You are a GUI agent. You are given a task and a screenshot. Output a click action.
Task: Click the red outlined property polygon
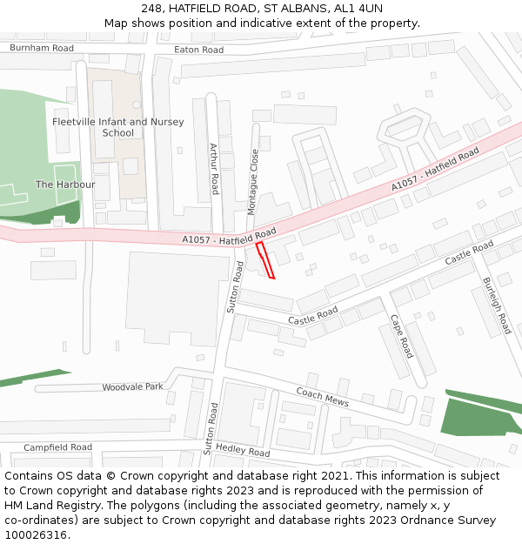pos(265,260)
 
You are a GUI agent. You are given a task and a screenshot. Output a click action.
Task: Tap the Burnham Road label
pos(42,49)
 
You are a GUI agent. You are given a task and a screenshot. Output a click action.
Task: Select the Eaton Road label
pos(198,50)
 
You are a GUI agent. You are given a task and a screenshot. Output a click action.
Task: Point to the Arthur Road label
pos(214,169)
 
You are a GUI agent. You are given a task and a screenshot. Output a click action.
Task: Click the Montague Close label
pos(253,182)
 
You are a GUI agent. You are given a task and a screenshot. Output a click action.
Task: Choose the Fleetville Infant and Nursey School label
pos(118,127)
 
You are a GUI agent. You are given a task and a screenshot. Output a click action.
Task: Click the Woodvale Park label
pos(132,386)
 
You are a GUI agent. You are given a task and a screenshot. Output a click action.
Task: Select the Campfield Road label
pos(57,447)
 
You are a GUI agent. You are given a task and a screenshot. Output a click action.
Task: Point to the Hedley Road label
pos(243,451)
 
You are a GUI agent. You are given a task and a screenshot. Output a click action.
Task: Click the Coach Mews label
pos(322,397)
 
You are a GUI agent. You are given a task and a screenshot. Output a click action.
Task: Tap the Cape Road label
pos(401,336)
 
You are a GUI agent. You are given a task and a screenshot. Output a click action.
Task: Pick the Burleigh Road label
pos(497,306)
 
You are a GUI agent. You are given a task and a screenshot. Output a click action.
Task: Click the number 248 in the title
pos(152,8)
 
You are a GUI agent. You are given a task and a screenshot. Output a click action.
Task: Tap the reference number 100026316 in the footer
pos(36,534)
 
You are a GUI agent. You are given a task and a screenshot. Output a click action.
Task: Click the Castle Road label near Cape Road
pos(313,315)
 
